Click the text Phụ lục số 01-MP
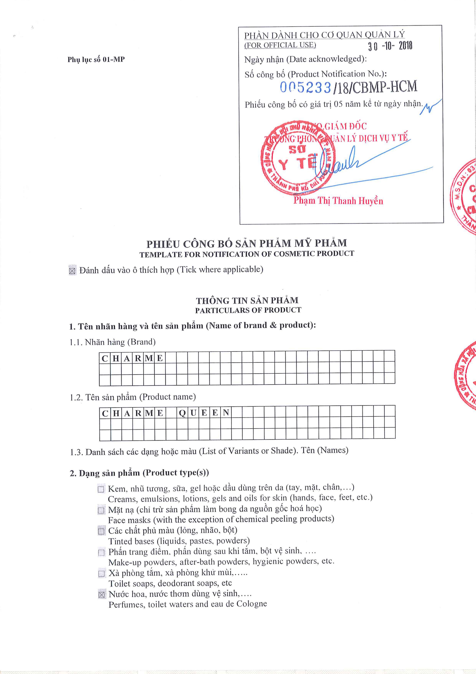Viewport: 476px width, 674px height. pos(96,60)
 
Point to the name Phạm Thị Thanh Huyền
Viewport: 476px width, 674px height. pos(338,201)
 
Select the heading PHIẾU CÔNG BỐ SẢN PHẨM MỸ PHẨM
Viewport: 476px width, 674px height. pos(246,243)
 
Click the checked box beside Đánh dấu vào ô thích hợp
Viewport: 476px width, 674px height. pos(72,270)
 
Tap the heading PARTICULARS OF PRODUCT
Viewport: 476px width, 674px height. pos(248,310)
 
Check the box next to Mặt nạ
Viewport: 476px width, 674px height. pos(101,510)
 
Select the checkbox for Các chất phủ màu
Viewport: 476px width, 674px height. pos(101,531)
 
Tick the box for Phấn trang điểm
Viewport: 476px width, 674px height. pos(101,552)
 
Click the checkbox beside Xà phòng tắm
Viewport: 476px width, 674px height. pos(101,573)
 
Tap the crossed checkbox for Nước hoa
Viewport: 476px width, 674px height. pos(102,595)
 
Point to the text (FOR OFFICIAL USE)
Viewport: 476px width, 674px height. pos(280,45)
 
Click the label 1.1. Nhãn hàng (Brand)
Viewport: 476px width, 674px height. pos(113,342)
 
